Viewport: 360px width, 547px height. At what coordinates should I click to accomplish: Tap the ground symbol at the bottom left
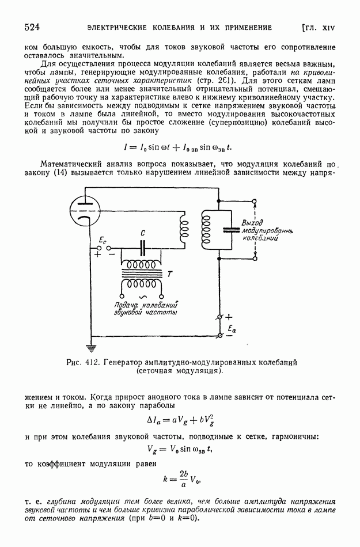click(x=89, y=348)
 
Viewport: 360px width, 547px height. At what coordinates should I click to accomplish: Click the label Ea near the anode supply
click(x=232, y=329)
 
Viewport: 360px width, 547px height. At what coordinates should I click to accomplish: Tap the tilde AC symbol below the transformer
click(x=141, y=297)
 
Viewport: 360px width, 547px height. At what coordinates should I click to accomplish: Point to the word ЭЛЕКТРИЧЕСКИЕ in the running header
click(x=118, y=27)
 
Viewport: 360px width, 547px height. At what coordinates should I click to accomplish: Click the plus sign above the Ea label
click(x=229, y=317)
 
